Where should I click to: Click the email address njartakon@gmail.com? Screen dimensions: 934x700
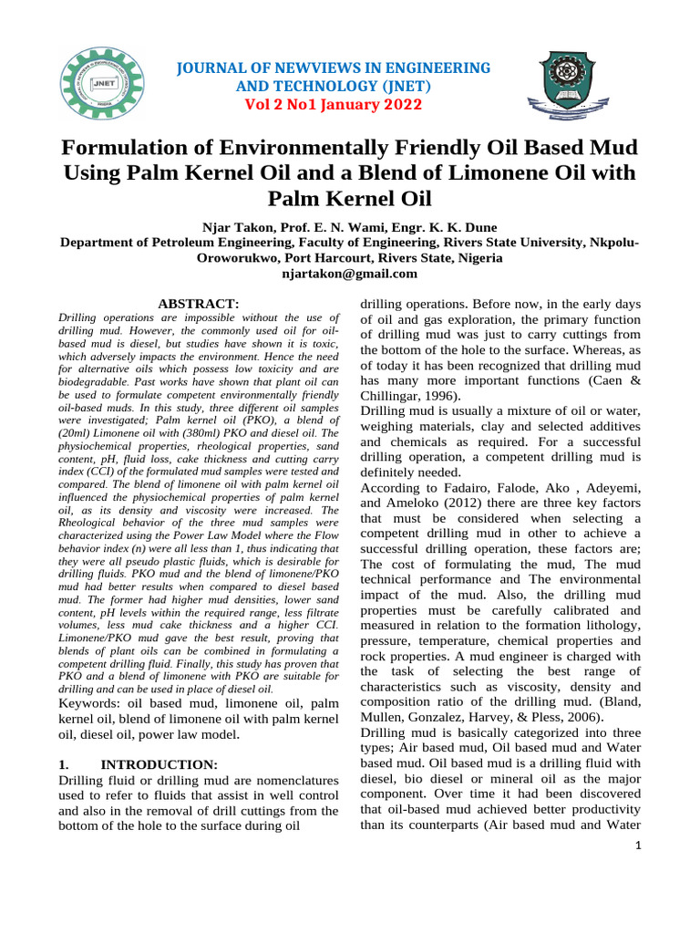[x=349, y=273]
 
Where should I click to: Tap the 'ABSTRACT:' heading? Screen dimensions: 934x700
[x=199, y=303]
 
